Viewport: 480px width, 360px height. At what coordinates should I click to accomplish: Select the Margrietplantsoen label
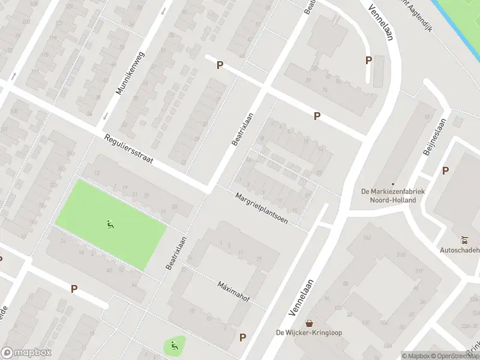pos(262,208)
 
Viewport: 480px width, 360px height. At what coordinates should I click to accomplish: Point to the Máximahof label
pos(233,292)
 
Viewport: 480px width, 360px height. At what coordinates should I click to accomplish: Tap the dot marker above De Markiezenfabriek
pos(393,184)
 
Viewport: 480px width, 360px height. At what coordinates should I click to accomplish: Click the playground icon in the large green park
pos(110,225)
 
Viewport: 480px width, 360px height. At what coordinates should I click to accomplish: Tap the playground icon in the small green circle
pos(174,345)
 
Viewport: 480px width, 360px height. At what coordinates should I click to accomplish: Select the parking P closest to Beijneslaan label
pos(445,170)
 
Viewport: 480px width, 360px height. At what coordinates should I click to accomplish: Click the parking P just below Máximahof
pos(243,337)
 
